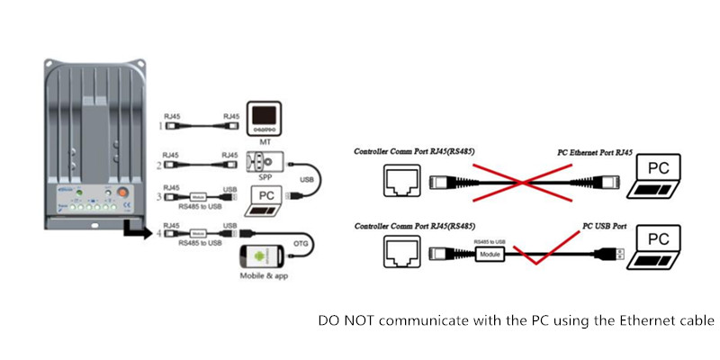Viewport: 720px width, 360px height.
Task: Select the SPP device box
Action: click(x=264, y=162)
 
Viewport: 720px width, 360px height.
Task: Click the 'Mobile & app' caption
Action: click(x=265, y=279)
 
